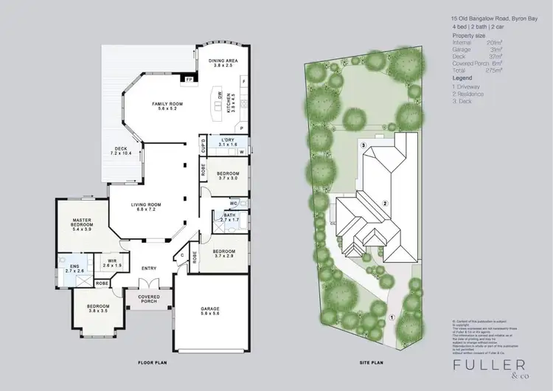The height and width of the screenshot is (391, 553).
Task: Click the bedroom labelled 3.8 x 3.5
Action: [x=97, y=308]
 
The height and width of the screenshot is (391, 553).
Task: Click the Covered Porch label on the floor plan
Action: [x=149, y=299]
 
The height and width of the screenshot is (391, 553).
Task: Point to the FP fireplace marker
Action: [x=189, y=79]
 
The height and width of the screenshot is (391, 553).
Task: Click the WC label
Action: [x=233, y=203]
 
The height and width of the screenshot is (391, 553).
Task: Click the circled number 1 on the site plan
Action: [x=392, y=316]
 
